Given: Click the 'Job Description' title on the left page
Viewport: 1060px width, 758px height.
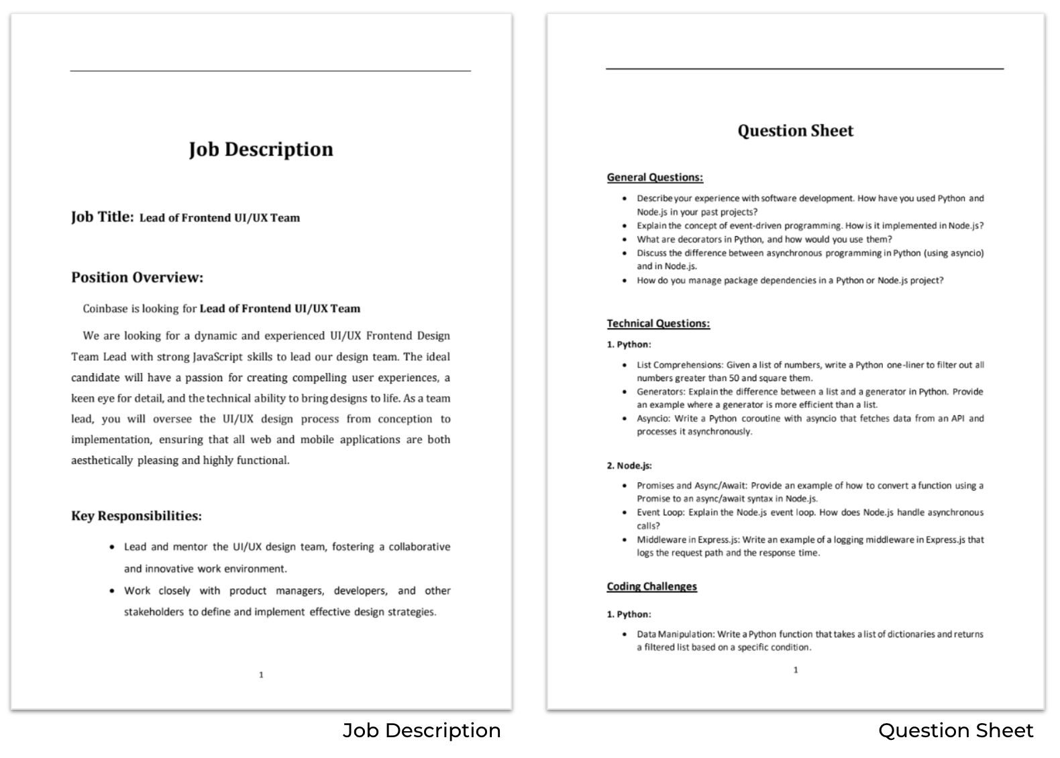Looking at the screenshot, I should point(261,149).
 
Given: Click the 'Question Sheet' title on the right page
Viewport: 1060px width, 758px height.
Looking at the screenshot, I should point(795,131).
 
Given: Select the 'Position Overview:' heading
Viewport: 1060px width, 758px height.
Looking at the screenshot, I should point(137,278).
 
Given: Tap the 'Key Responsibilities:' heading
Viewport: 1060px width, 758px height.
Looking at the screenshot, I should point(136,516).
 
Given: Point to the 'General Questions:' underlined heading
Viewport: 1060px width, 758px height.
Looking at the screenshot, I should point(655,178).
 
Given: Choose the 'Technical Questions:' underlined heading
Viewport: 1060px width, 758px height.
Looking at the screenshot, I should point(658,323).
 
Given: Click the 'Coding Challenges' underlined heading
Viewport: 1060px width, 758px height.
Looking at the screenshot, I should point(651,586).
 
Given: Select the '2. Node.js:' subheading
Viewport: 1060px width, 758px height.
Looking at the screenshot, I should point(629,466).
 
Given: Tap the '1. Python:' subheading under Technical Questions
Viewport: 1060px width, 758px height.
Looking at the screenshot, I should point(629,345).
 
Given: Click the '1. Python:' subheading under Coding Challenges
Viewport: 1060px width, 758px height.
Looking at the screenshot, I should point(629,614).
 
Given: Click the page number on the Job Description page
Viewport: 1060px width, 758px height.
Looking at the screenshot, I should point(261,675).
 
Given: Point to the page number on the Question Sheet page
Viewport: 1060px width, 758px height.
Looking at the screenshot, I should point(796,670).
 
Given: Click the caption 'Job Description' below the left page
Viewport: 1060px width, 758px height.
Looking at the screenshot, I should point(421,730).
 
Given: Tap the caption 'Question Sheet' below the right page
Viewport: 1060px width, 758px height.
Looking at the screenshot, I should point(955,730).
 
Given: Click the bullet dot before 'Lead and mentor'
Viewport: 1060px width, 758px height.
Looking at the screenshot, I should point(112,547).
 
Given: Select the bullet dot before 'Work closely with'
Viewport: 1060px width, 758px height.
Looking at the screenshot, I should point(112,591).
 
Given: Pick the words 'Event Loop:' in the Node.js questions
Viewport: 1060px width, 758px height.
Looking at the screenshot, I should point(659,512).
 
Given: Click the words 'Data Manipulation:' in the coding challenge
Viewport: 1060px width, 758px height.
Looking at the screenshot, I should point(675,634).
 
